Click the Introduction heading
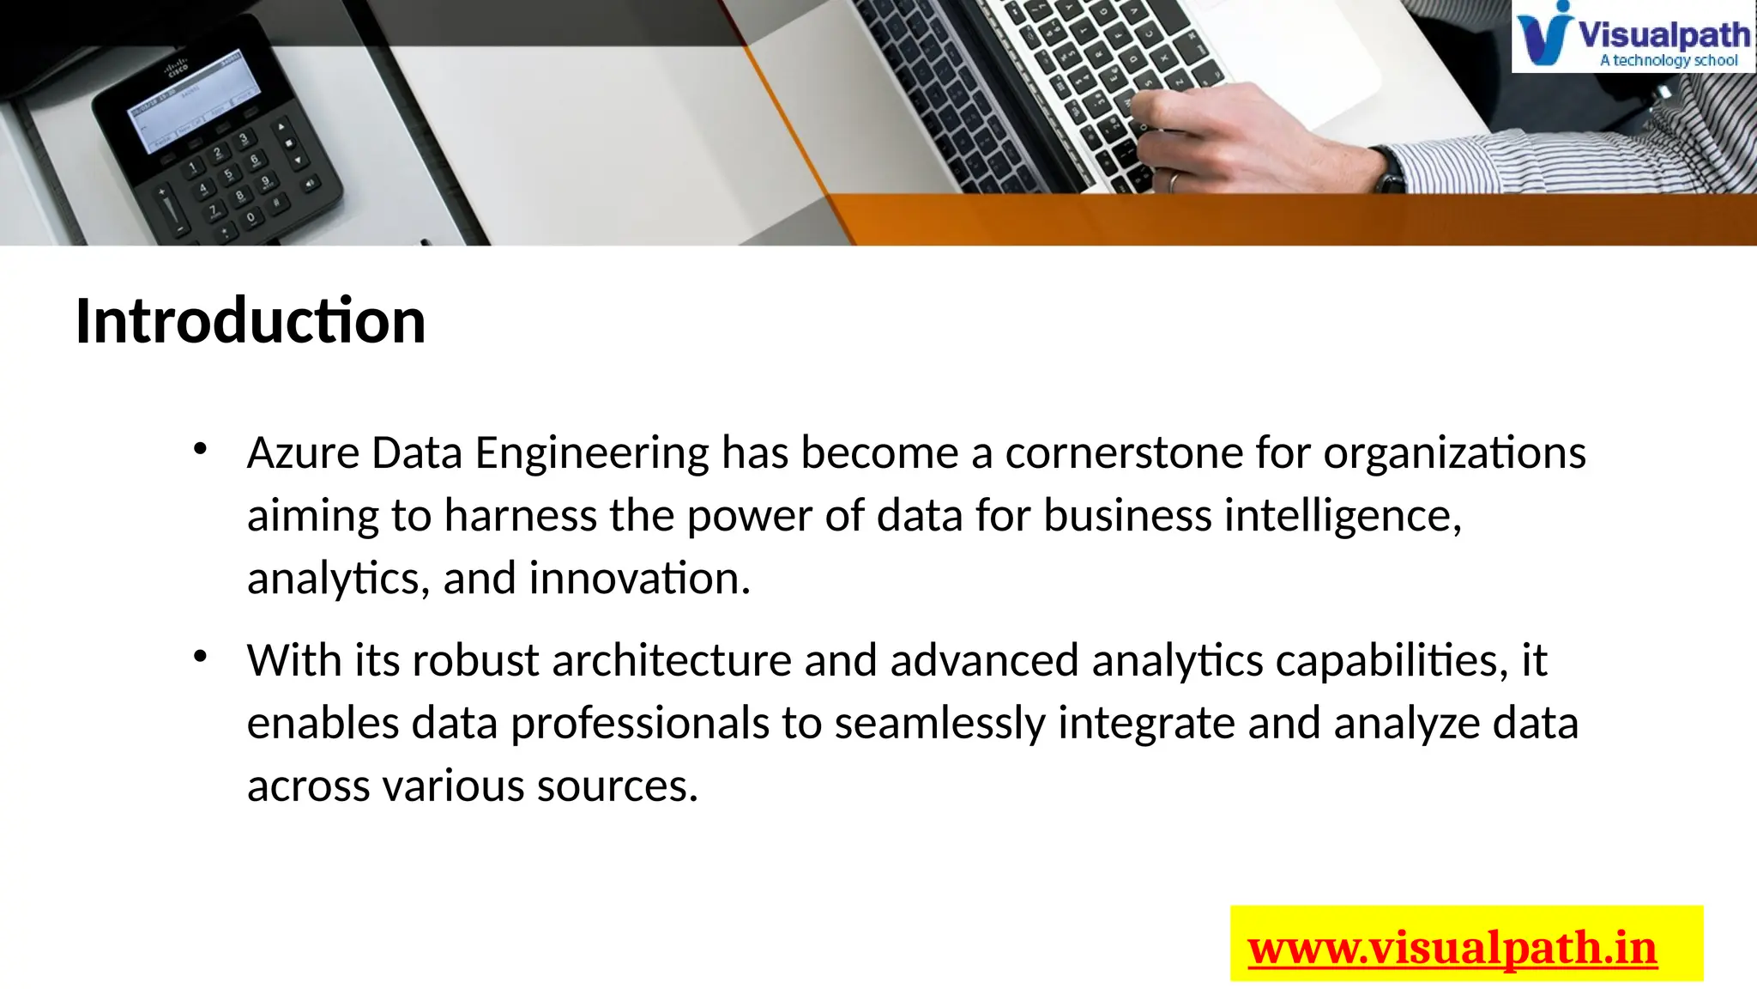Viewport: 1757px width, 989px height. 251,321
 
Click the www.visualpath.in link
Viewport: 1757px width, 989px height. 1452,949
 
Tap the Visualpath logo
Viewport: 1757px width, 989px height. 1633,37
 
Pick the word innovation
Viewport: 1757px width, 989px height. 639,578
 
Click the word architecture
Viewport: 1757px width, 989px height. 672,660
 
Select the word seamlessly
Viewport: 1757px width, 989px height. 939,723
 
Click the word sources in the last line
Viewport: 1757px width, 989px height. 617,786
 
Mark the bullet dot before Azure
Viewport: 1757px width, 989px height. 200,449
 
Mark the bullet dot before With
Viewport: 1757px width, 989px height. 200,658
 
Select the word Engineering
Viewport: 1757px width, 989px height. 592,452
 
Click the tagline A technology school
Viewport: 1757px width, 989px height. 1669,61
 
